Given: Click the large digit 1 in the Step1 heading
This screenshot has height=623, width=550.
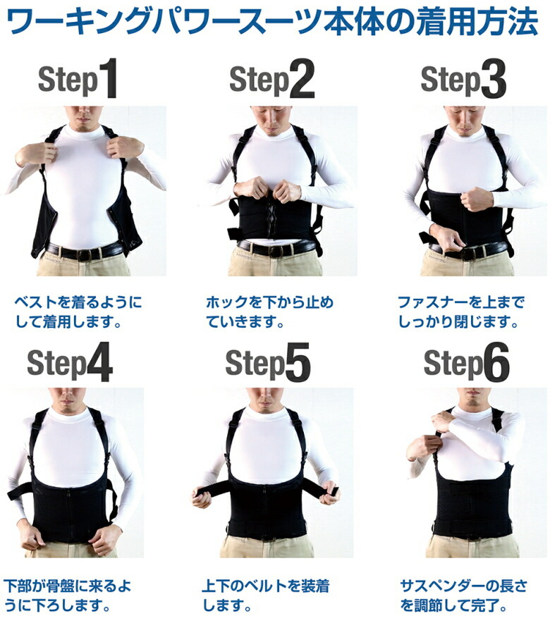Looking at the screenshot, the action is pos(108,78).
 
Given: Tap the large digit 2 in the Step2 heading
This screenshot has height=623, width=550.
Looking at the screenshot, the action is pos(302,79).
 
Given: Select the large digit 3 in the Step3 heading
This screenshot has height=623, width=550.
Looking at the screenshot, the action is pos(494,79).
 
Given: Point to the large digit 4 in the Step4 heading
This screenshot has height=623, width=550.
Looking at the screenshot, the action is pos(99,362).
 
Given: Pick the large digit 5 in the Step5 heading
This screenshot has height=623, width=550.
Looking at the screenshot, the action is pos(297,362).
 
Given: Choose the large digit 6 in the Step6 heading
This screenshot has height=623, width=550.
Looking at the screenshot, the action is pos(496,362).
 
